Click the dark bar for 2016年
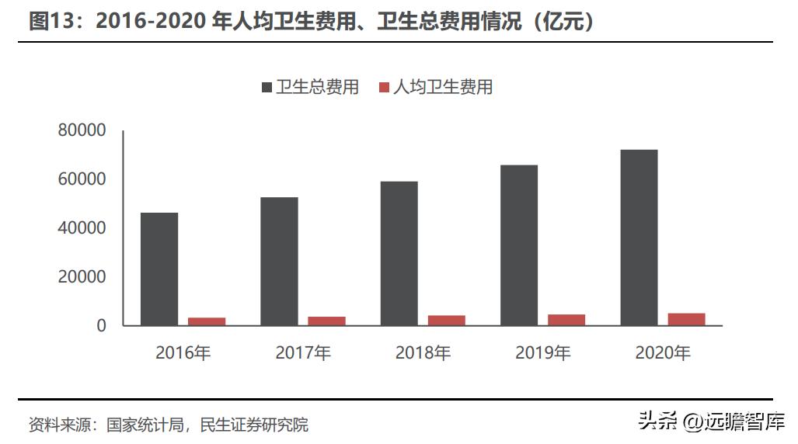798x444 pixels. pyautogui.click(x=159, y=269)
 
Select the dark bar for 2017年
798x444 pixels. pyautogui.click(x=279, y=261)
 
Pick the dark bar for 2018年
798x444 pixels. pyautogui.click(x=399, y=253)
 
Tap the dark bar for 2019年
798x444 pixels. pyautogui.click(x=519, y=245)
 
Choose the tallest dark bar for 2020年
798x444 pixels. pyautogui.click(x=639, y=237)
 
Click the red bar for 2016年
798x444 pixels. pyautogui.click(x=207, y=321)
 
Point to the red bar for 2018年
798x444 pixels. pyautogui.click(x=446, y=320)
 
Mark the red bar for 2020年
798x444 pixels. pyautogui.click(x=686, y=319)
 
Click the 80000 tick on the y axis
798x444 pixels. pyautogui.click(x=82, y=130)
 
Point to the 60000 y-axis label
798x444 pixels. pyautogui.click(x=82, y=179)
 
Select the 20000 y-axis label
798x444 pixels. pyautogui.click(x=82, y=277)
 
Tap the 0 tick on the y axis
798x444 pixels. pyautogui.click(x=101, y=326)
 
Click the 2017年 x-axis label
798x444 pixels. pyautogui.click(x=303, y=353)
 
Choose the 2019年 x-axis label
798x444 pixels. pyautogui.click(x=542, y=353)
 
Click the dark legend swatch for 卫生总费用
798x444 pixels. pyautogui.click(x=267, y=87)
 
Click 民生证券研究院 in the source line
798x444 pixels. pyautogui.click(x=254, y=425)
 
